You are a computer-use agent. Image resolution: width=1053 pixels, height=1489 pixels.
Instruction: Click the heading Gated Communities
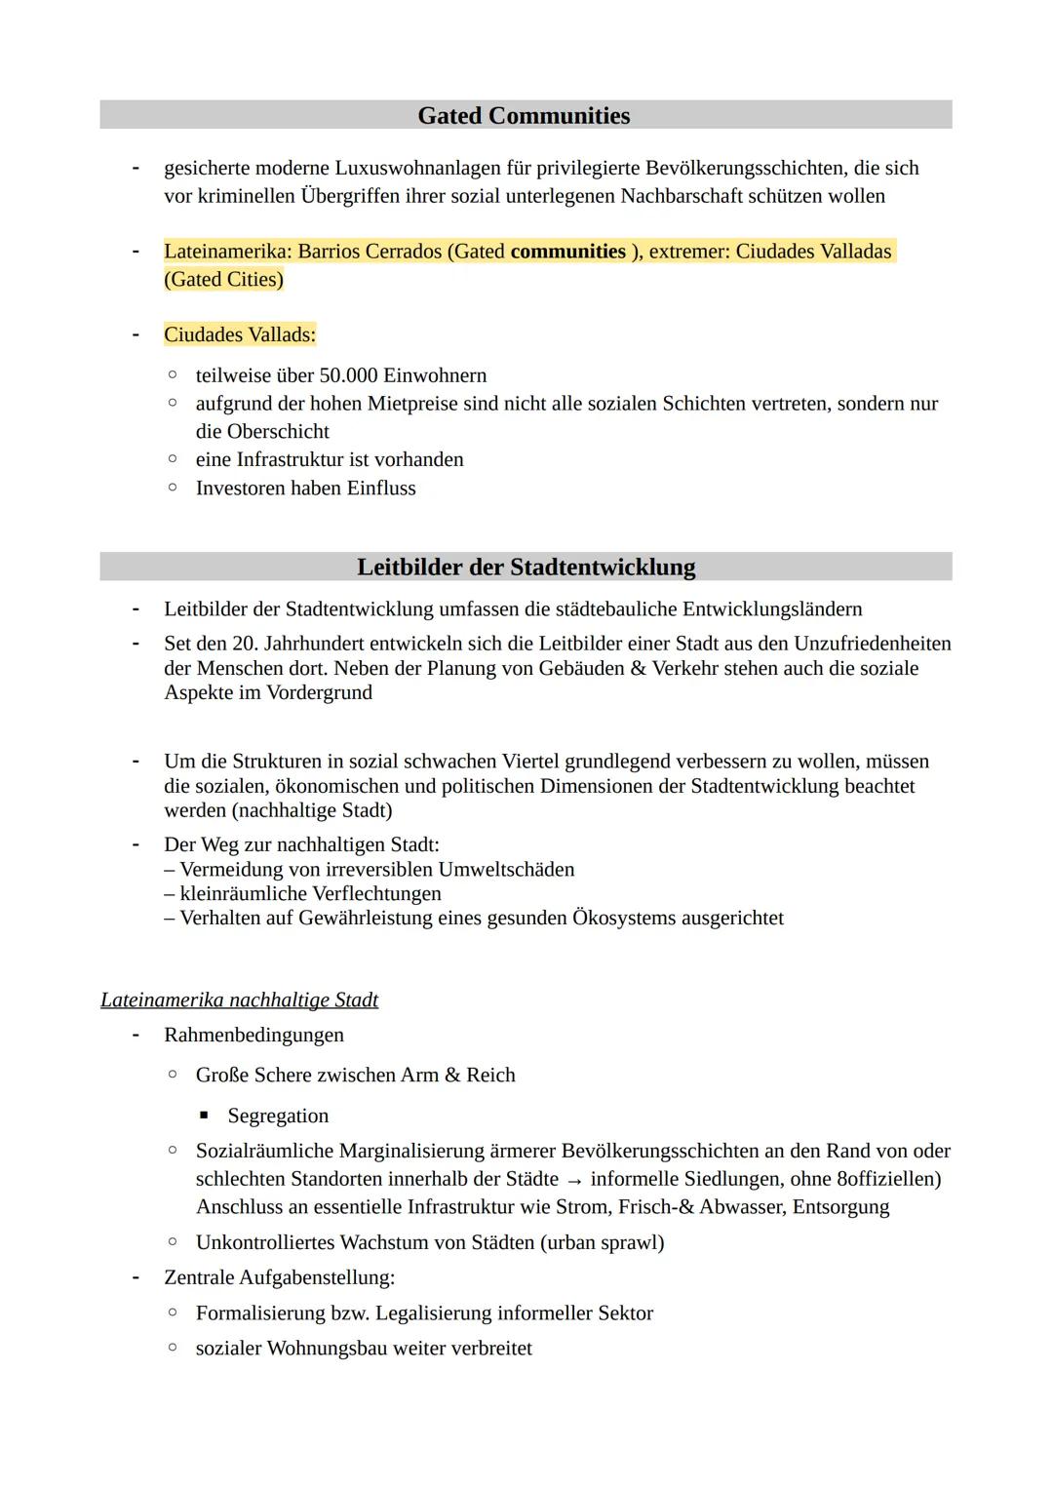pyautogui.click(x=524, y=116)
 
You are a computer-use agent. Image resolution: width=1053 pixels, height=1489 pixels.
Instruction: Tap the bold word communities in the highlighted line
pyautogui.click(x=567, y=252)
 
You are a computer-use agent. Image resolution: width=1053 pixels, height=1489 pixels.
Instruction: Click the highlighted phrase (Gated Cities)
pyautogui.click(x=223, y=280)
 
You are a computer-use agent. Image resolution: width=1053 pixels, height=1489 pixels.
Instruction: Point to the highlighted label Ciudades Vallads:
pyautogui.click(x=240, y=335)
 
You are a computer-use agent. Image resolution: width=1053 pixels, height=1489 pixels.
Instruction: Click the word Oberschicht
pyautogui.click(x=278, y=432)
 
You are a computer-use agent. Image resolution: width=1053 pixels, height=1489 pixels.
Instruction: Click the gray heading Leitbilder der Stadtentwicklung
pyautogui.click(x=526, y=568)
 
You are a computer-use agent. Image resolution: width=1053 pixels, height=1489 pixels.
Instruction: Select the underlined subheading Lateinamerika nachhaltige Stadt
pyautogui.click(x=239, y=1000)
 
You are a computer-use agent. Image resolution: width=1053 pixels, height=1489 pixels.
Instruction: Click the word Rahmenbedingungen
pyautogui.click(x=253, y=1035)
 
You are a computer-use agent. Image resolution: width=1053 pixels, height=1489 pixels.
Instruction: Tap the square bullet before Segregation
pyautogui.click(x=204, y=1116)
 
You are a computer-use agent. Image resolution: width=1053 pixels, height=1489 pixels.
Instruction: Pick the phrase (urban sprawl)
pyautogui.click(x=602, y=1243)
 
